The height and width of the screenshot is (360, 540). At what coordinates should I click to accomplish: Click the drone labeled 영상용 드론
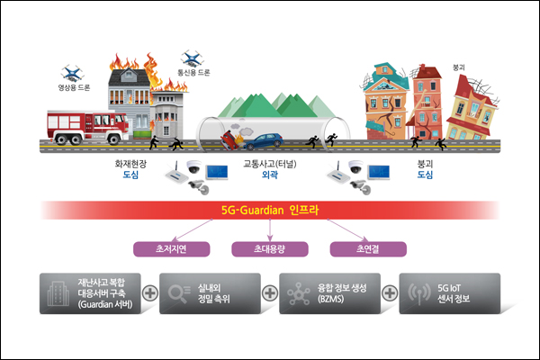point(72,73)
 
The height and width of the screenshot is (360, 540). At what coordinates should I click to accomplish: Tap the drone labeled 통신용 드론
point(193,58)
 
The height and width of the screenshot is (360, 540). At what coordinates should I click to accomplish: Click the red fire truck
point(88,127)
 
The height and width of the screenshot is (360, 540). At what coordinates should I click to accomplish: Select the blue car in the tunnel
point(264,141)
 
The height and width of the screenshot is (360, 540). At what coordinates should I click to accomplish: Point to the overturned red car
point(230,139)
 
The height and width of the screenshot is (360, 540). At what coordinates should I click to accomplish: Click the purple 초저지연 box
point(172,249)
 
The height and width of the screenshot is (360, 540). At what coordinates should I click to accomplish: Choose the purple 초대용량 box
point(270,249)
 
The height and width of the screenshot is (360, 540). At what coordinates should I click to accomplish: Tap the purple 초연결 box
point(368,249)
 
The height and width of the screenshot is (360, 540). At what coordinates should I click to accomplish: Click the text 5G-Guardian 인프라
point(270,210)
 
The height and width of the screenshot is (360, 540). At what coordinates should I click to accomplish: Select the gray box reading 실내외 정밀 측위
point(210,293)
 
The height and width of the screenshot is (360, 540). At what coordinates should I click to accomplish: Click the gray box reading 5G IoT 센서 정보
point(450,293)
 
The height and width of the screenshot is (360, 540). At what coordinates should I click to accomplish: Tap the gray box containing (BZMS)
point(330,293)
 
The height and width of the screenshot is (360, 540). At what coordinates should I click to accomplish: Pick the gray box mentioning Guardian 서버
point(90,293)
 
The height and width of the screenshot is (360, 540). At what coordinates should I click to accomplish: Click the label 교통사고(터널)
point(270,164)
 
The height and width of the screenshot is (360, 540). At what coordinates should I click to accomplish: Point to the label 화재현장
point(130,164)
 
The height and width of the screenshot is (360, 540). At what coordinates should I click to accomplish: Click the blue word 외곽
point(270,175)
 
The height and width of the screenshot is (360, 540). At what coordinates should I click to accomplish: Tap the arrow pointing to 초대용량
point(270,230)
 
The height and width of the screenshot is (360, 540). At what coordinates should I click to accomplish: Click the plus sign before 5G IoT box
point(390,293)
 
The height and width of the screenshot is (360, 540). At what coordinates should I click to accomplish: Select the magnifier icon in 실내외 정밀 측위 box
point(178,293)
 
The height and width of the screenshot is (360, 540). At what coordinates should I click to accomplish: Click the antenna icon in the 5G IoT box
point(419,293)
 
